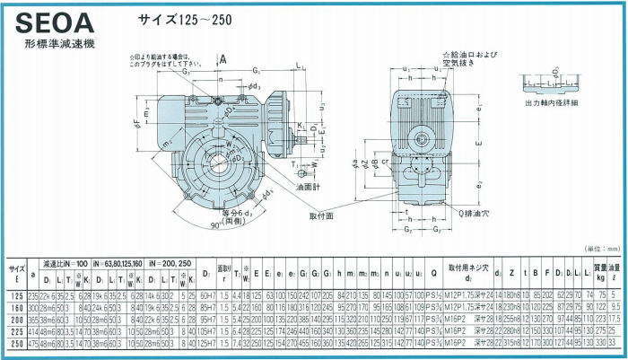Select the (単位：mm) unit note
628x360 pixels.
click(599, 248)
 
